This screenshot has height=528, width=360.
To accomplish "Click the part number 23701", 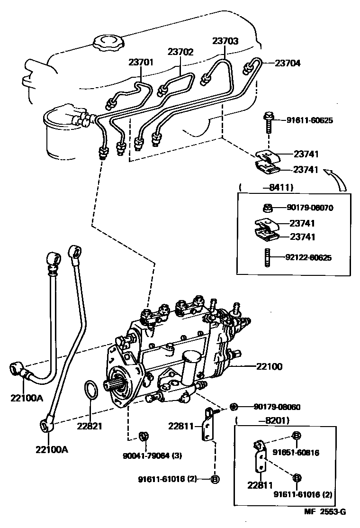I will (x=141, y=62).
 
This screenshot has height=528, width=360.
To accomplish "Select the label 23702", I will (x=180, y=52).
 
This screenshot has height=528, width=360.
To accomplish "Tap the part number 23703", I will (x=225, y=41).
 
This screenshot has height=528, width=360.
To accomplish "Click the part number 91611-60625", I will (x=309, y=120).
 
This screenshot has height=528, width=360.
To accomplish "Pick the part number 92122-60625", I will (x=308, y=258).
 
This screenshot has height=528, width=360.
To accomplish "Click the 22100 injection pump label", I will (x=269, y=366).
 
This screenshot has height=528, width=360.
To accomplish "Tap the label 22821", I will (x=90, y=425).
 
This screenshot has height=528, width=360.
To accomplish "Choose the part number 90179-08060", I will (x=277, y=407).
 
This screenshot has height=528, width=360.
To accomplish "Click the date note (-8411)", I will (x=266, y=187).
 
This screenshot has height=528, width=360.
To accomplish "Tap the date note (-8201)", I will (x=262, y=420).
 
